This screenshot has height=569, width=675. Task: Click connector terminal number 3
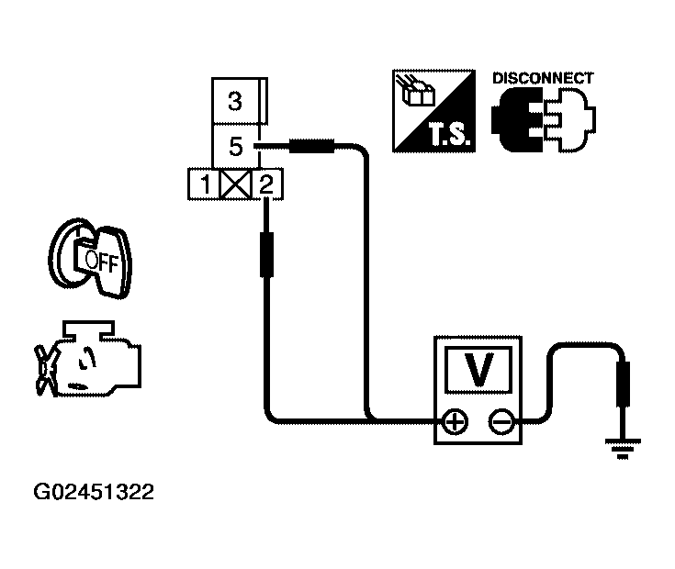(234, 101)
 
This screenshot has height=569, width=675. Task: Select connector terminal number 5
(234, 146)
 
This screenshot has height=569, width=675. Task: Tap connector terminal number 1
(207, 185)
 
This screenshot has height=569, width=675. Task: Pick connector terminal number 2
(265, 185)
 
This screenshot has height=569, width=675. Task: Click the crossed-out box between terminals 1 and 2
(236, 185)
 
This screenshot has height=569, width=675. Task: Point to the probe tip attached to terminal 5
(313, 145)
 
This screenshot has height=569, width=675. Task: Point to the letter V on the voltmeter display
(478, 371)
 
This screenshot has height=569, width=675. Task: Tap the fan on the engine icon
(44, 367)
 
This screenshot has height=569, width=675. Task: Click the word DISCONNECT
(543, 78)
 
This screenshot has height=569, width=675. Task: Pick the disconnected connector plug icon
(543, 123)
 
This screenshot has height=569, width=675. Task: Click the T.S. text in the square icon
(447, 139)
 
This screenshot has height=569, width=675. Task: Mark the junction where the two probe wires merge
(367, 421)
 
